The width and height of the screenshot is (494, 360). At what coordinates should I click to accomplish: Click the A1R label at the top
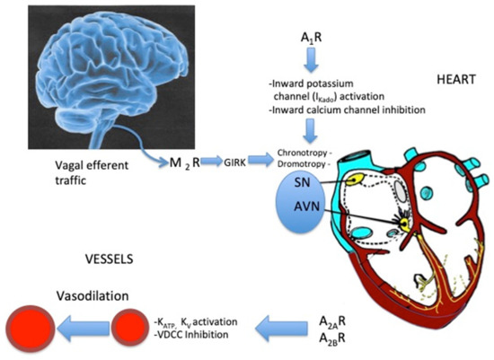[311, 40]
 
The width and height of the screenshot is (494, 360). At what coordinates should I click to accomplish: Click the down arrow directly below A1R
[311, 61]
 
